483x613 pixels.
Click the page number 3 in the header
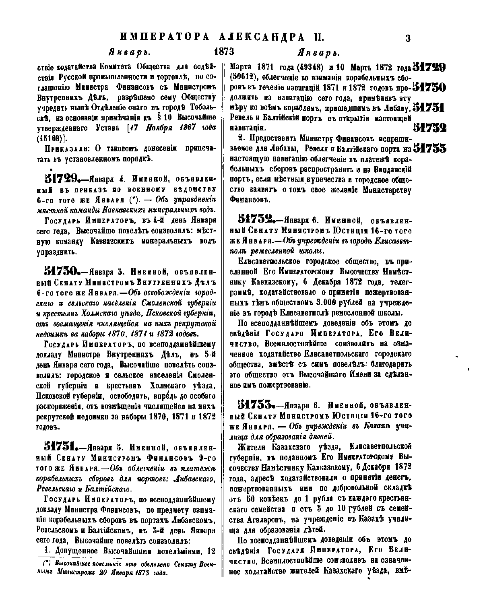coord(408,38)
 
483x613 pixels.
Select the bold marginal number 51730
coord(429,87)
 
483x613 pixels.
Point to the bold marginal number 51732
coord(429,128)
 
